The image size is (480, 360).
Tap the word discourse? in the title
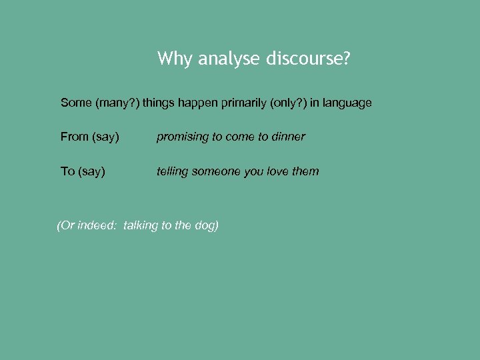tap(308, 59)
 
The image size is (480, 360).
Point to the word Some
tap(76, 103)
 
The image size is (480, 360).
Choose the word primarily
tap(239, 103)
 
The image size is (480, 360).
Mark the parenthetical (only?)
tap(289, 103)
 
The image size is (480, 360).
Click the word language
tap(347, 103)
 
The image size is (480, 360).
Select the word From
tap(75, 137)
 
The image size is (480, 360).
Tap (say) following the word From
tap(105, 137)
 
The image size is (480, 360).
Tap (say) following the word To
tap(91, 172)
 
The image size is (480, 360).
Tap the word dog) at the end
tap(207, 225)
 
